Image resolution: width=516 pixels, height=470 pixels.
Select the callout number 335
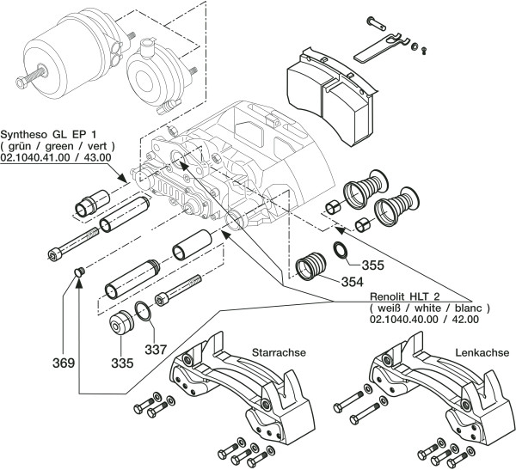point(121,363)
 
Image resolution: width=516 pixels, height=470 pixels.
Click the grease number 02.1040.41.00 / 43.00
point(58,159)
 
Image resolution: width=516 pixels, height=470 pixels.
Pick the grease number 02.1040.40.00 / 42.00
point(424,319)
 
